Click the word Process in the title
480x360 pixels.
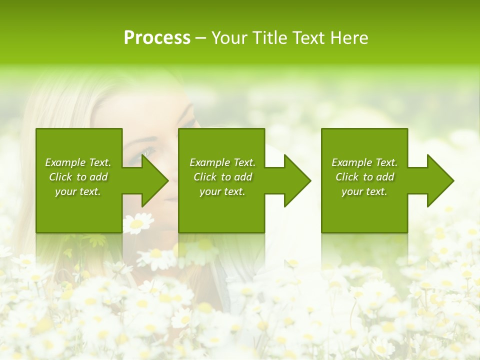157,38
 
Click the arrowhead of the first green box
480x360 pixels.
152,180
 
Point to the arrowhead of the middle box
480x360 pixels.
295,180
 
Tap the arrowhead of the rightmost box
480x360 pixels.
438,180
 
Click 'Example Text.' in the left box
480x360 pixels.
78,162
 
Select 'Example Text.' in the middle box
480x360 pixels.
222,162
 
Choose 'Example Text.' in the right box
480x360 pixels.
364,162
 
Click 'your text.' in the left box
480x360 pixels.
78,191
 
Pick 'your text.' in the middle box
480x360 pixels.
222,191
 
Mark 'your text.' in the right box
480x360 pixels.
364,191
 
